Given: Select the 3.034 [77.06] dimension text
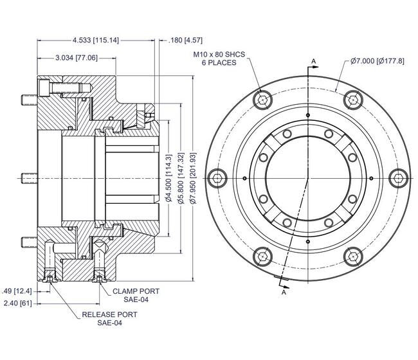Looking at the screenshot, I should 77,57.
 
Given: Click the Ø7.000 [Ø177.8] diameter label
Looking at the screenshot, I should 377,60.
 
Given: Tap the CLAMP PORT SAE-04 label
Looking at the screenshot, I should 136,295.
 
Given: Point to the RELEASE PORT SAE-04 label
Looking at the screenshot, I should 109,319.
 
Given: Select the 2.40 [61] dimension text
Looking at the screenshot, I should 17,302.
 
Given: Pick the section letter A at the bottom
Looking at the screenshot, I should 284,292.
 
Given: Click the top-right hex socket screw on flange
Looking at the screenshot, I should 351,98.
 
